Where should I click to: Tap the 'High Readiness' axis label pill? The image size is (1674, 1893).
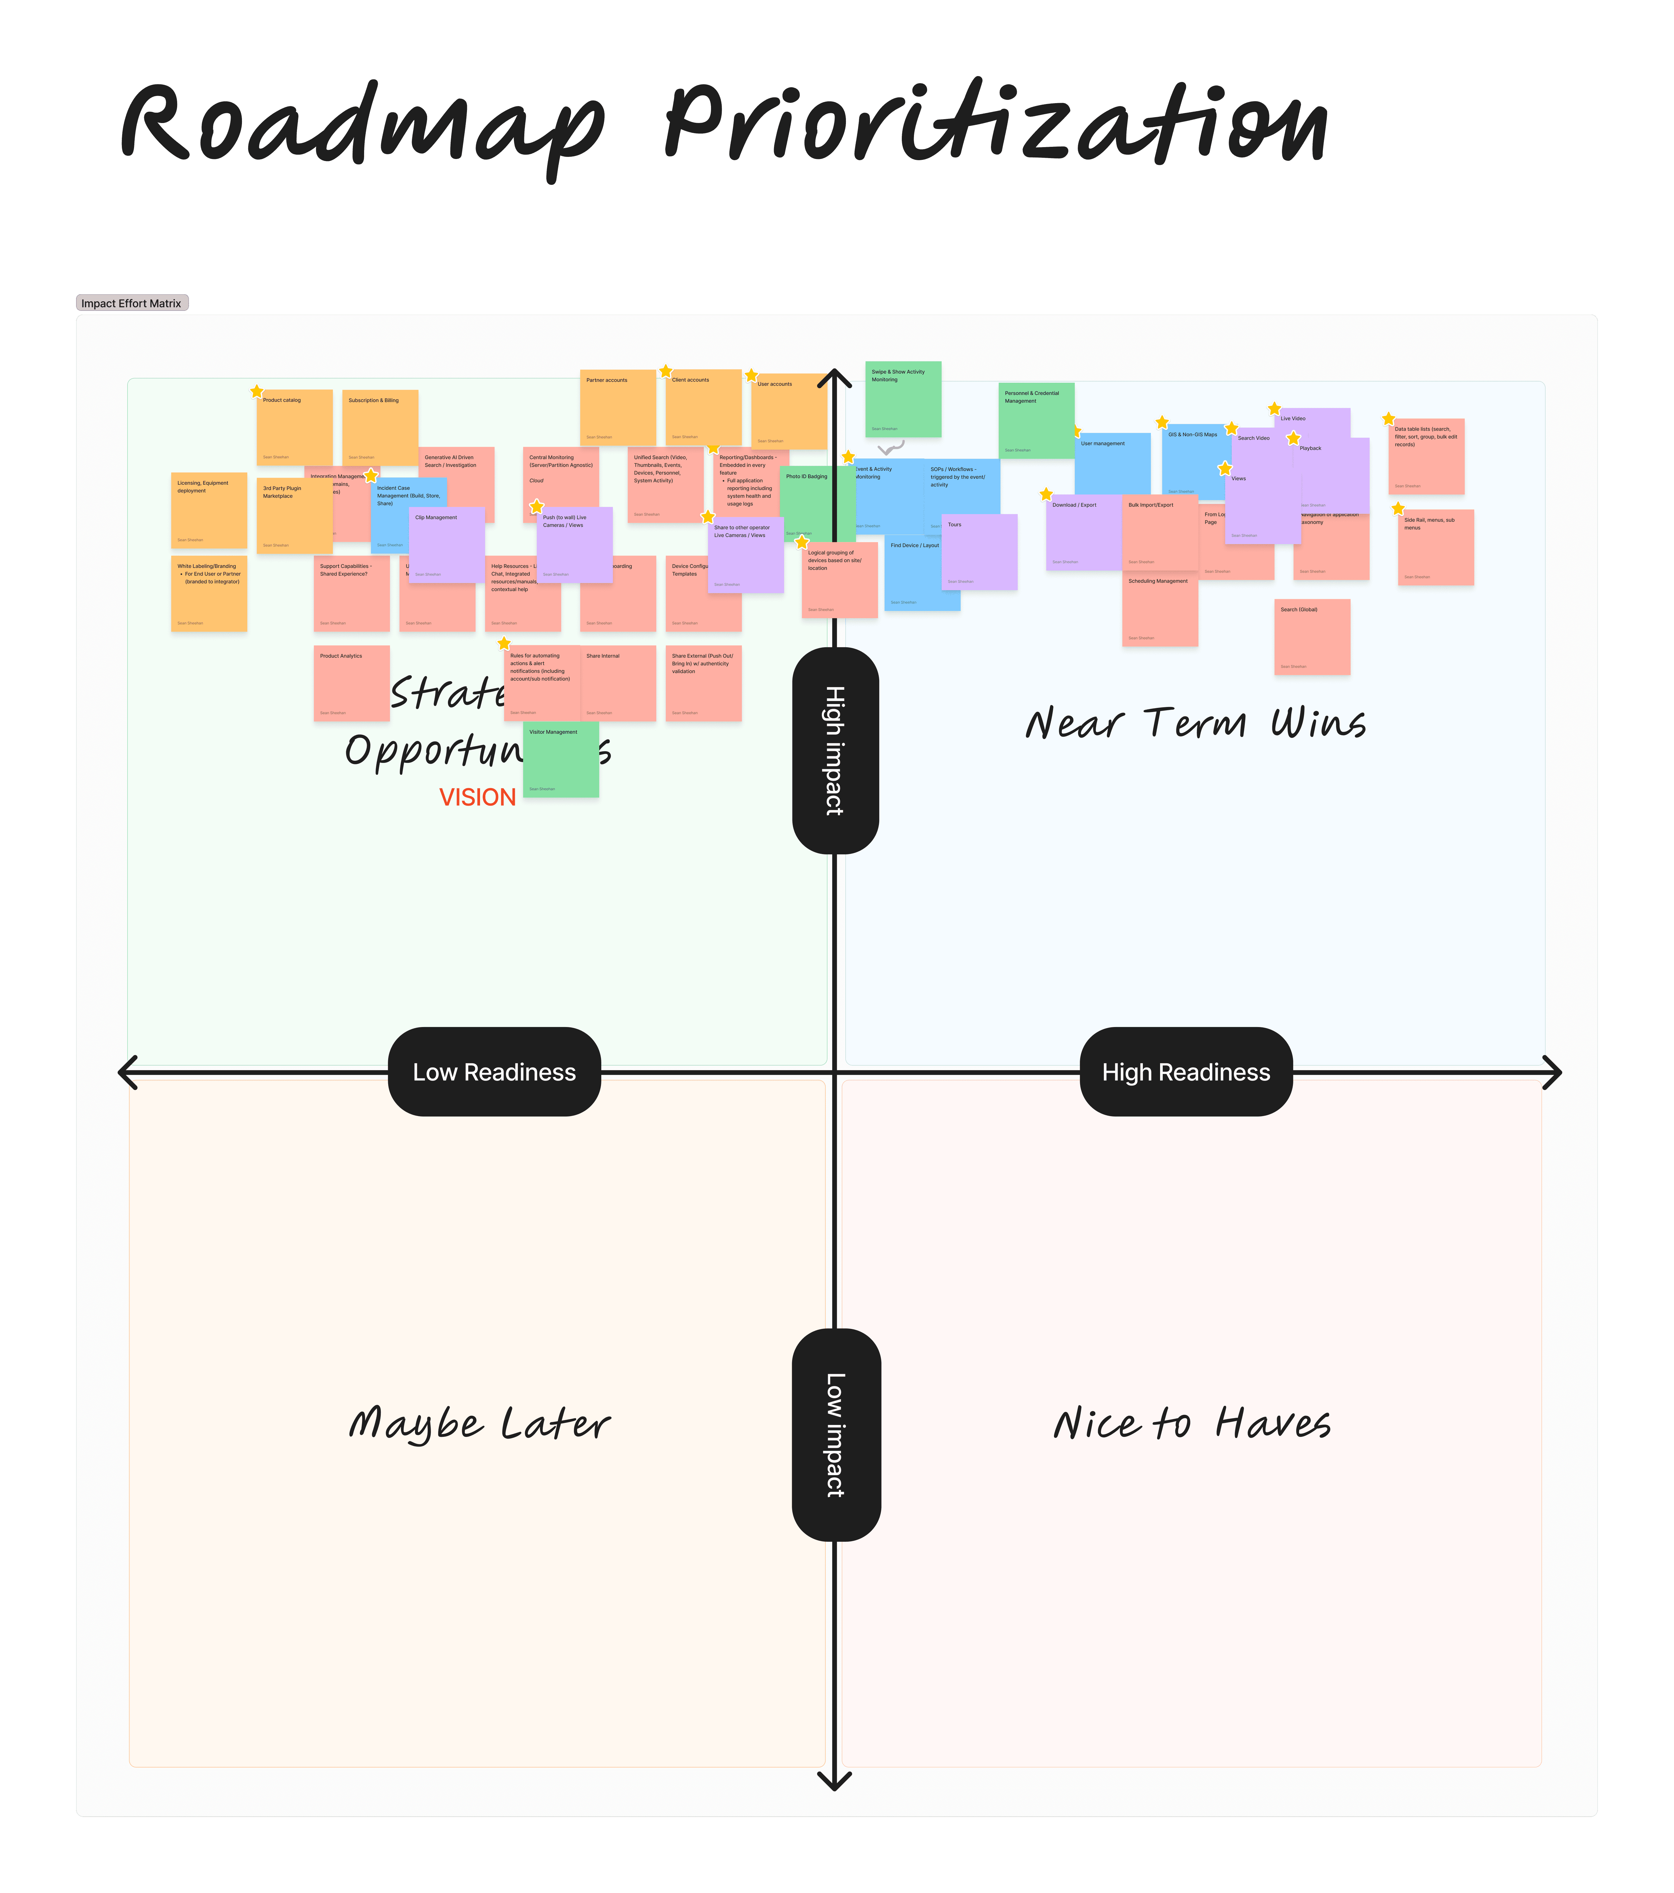(1186, 1072)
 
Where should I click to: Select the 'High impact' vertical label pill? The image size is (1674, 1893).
(835, 750)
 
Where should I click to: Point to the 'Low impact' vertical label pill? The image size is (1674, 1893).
(836, 1434)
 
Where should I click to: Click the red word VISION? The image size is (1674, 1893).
(477, 797)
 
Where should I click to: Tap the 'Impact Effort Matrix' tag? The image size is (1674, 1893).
(132, 303)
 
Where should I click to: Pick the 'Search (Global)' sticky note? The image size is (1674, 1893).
(1312, 637)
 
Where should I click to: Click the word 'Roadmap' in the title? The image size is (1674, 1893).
(361, 125)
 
